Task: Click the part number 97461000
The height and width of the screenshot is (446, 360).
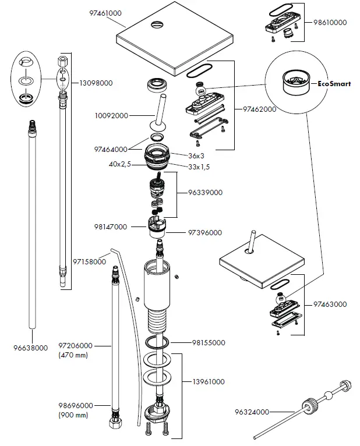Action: click(x=105, y=13)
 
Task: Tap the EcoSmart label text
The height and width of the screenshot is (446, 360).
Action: click(x=334, y=84)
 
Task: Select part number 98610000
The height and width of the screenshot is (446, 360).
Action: click(x=330, y=23)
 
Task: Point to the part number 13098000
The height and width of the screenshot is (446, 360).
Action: click(x=96, y=83)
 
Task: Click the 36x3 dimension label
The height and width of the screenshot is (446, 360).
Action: click(x=196, y=156)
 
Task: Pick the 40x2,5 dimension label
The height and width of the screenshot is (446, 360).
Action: click(x=120, y=164)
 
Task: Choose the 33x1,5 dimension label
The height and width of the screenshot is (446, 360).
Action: click(x=199, y=167)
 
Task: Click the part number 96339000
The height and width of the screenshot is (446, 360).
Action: click(x=205, y=193)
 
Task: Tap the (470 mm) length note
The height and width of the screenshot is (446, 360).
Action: click(x=73, y=355)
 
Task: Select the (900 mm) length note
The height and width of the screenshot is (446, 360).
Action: click(x=73, y=415)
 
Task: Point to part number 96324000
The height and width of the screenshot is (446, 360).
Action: click(x=252, y=412)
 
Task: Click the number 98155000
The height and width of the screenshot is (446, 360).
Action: click(x=209, y=343)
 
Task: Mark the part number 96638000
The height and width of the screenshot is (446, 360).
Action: click(x=31, y=348)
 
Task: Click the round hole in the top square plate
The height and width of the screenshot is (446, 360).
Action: click(x=157, y=25)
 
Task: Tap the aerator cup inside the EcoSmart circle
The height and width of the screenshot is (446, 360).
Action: click(x=295, y=81)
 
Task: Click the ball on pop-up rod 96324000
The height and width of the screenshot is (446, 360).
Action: click(x=328, y=395)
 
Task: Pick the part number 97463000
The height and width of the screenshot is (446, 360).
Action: click(x=330, y=305)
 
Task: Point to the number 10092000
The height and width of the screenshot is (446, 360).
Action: click(x=111, y=116)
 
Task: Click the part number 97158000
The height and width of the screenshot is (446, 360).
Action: click(x=89, y=261)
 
